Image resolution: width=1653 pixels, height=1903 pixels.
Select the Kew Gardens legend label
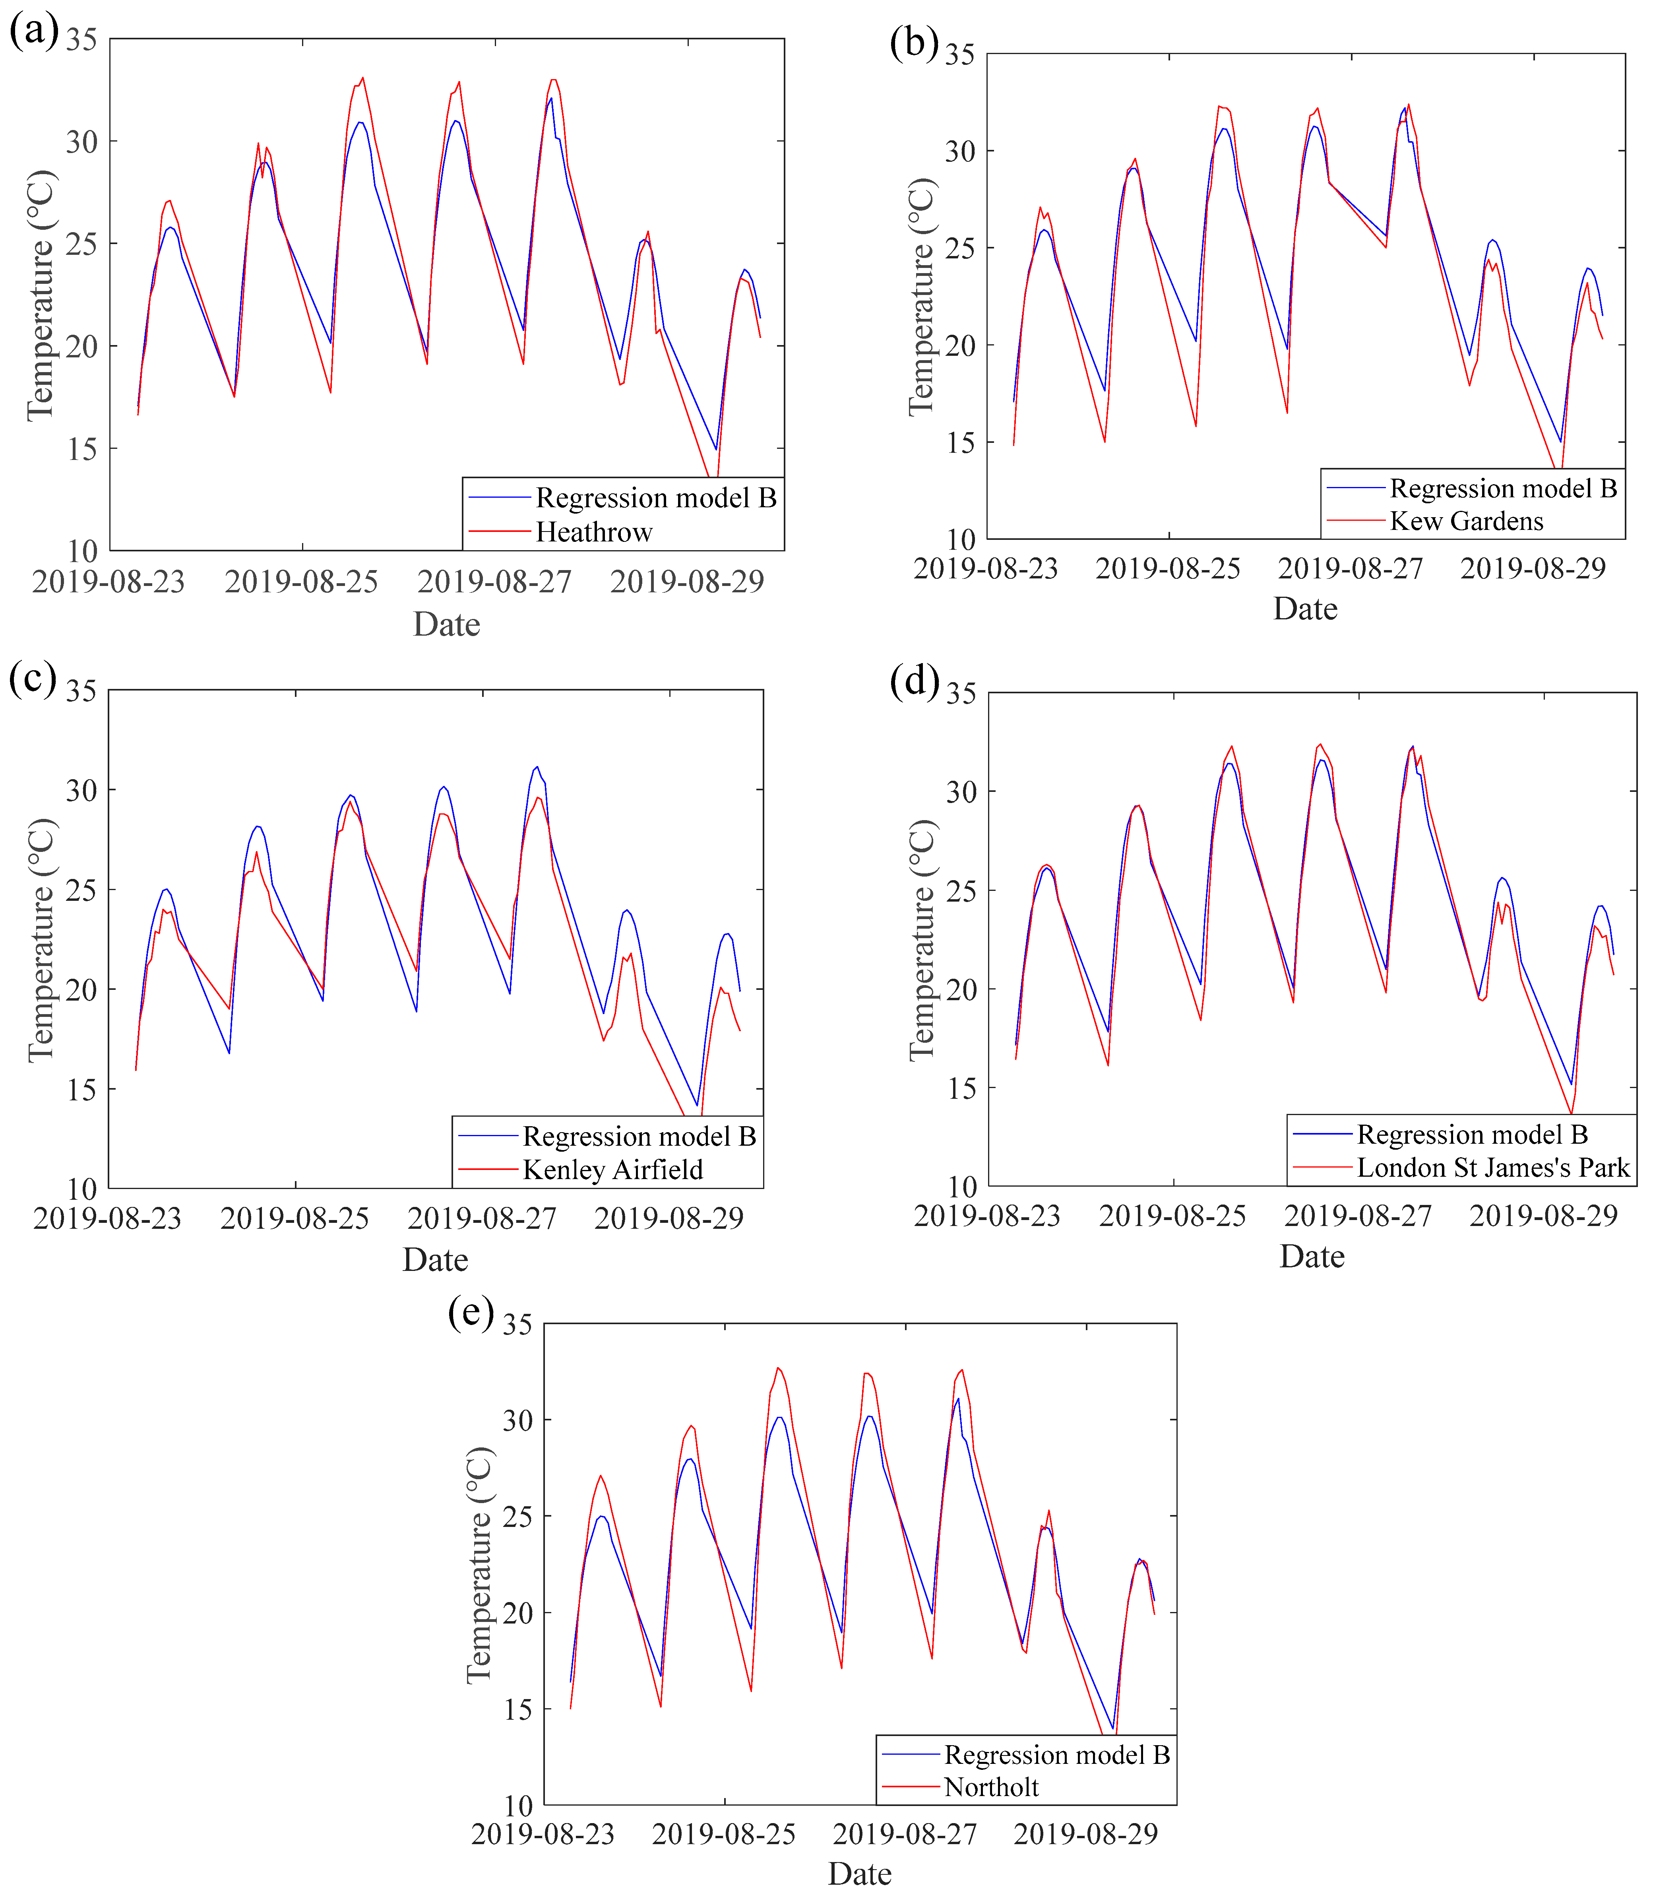[1466, 521]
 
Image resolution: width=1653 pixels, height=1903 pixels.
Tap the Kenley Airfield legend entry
[612, 1170]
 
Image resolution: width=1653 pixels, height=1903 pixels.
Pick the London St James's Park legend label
[1492, 1168]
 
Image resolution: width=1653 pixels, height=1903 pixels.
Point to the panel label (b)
[913, 41]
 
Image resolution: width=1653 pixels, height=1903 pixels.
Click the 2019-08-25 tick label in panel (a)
[302, 582]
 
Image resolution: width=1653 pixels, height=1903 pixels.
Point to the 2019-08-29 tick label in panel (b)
[1533, 568]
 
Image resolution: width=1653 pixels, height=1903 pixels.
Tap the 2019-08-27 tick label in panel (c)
[481, 1218]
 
